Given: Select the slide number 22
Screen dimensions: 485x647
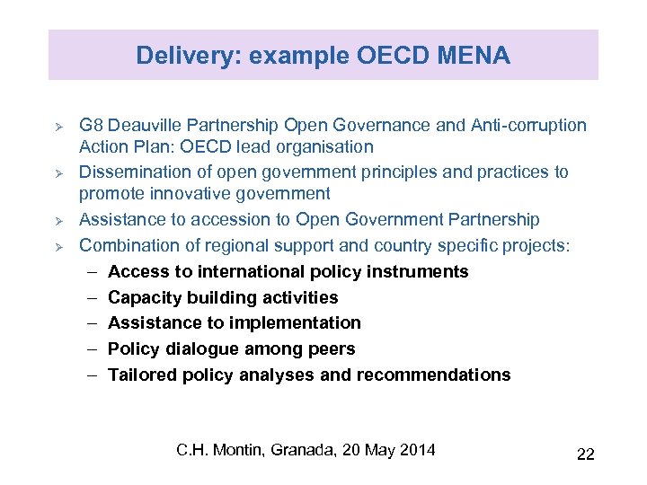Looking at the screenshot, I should [585, 454].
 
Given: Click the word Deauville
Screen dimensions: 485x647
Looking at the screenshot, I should [145, 125].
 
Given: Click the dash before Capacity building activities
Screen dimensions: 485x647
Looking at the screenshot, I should [93, 297].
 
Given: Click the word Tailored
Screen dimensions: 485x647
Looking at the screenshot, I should [137, 375].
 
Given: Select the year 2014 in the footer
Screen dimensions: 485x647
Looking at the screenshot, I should [416, 449].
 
